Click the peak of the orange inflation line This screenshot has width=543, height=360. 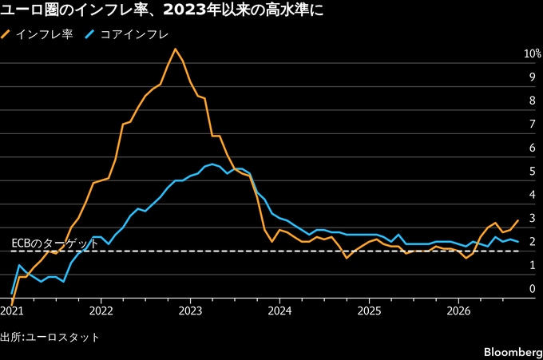click(175, 49)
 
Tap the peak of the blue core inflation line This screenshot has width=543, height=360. click(212, 164)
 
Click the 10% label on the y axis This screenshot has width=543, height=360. click(533, 53)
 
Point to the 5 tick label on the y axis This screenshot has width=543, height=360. click(533, 171)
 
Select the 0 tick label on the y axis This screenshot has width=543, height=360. click(533, 289)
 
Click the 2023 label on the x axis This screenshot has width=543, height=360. click(190, 311)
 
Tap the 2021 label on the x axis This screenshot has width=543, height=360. click(12, 311)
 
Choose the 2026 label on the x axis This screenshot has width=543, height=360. click(458, 311)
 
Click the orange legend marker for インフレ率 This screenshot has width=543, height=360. click(6, 34)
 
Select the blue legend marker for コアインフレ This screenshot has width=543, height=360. click(89, 34)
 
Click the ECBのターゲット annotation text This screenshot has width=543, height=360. click(55, 243)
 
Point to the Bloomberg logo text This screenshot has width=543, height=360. click(513, 352)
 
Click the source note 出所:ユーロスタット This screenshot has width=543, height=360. click(50, 337)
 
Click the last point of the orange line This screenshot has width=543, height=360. click(518, 220)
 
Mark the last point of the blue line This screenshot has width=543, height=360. click(518, 242)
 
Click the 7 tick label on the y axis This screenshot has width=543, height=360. click(533, 124)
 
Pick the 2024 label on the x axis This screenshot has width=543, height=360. click(279, 311)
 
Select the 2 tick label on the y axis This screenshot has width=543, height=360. click(533, 241)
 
